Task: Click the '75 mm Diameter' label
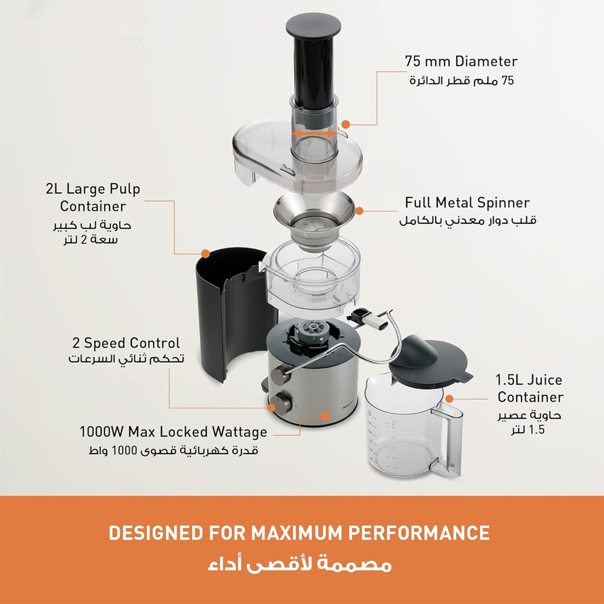pos(461,62)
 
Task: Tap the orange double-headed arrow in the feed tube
pos(314,133)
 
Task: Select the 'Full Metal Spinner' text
pos(467,202)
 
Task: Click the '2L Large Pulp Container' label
pos(93,198)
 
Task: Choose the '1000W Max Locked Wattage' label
pos(173,432)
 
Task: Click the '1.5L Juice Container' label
pos(529,388)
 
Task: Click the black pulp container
pos(223,314)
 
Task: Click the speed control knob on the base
pos(281,402)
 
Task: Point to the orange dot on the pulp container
pos(205,254)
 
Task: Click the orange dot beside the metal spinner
pos(359,211)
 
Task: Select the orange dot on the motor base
pos(325,416)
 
